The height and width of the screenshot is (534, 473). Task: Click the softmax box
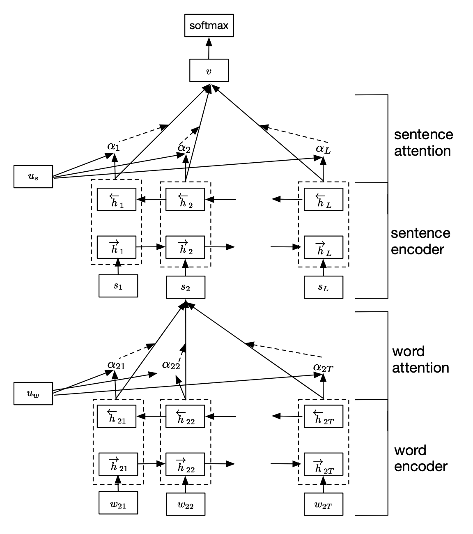[209, 26]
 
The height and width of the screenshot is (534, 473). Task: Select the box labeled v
[209, 70]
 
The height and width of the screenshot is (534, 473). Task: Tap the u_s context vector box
[33, 177]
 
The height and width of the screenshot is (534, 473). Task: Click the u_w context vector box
[33, 394]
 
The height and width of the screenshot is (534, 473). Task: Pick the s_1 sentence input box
[118, 285]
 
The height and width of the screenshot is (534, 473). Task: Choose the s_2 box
[185, 287]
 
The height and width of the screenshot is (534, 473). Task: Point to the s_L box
[323, 287]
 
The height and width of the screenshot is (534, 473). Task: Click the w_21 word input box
[118, 503]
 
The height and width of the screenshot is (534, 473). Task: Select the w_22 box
[185, 504]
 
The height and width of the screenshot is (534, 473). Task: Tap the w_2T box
[323, 504]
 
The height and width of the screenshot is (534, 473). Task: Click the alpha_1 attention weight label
[114, 146]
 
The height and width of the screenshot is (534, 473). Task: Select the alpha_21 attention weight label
[116, 364]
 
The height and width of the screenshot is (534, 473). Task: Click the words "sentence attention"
[423, 143]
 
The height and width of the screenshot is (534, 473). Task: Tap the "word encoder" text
[420, 458]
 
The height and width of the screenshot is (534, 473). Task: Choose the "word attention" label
[420, 359]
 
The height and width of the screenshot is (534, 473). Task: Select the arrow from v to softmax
[209, 48]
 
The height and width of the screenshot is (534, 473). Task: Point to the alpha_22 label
[171, 364]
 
